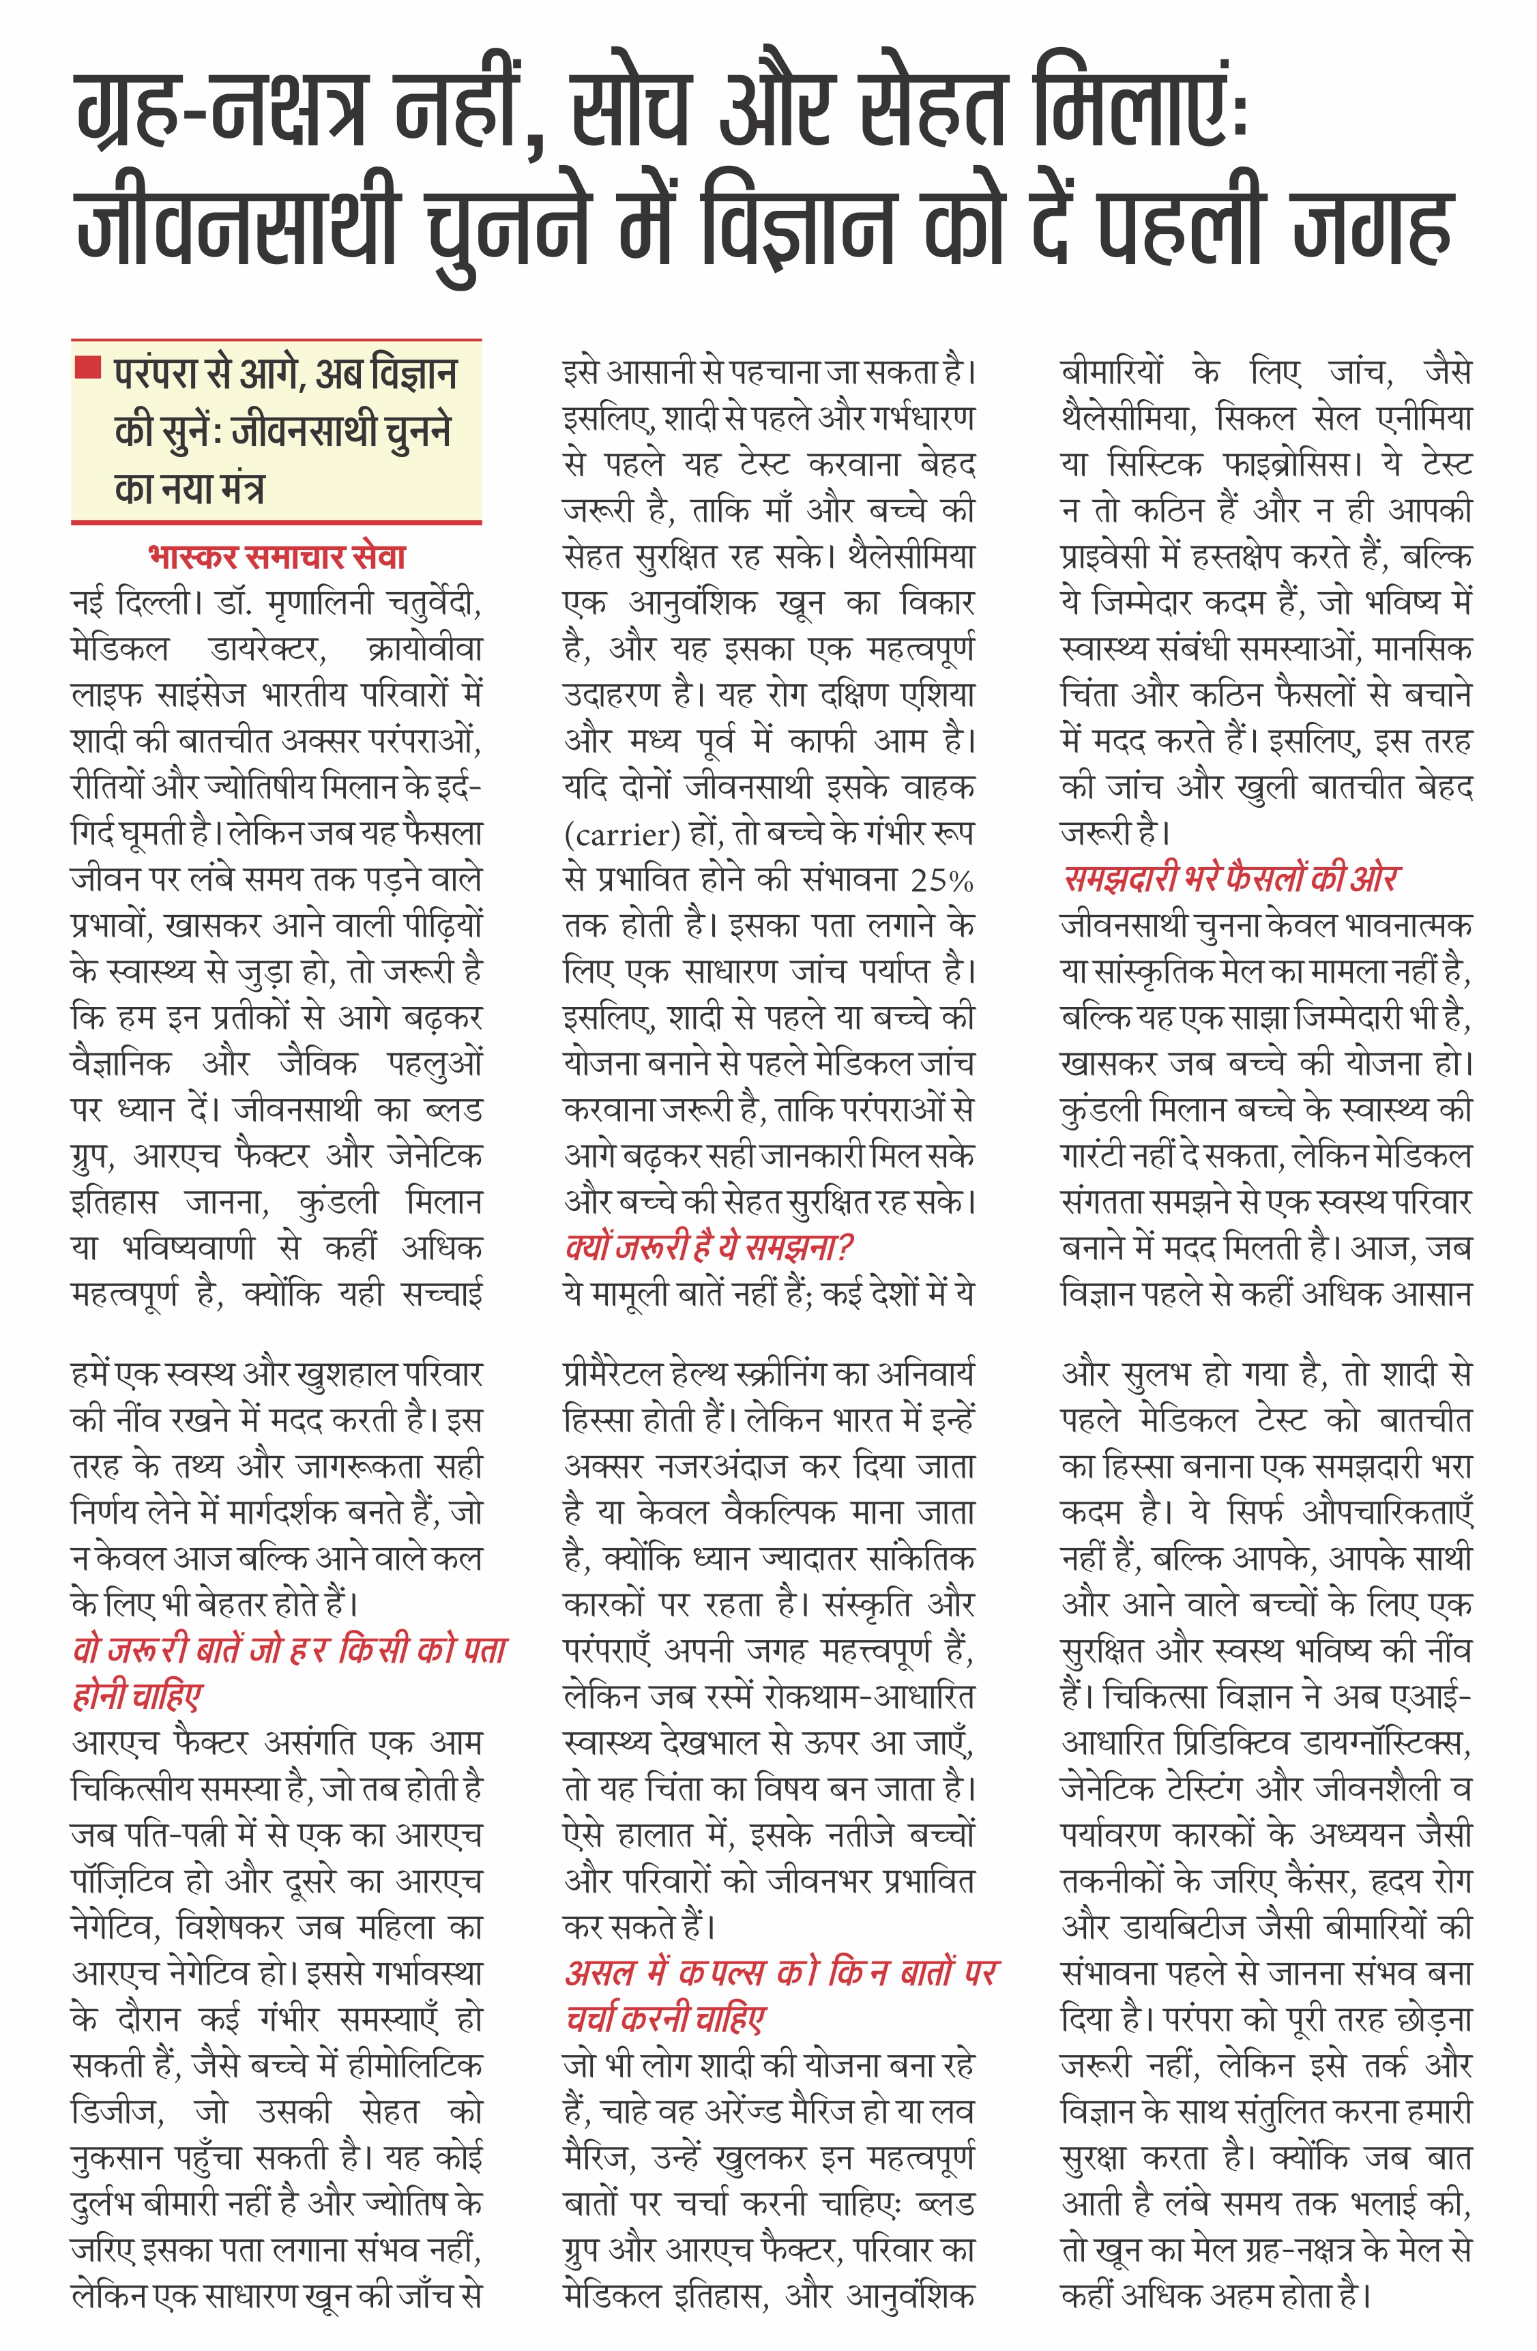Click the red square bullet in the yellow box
pyautogui.click(x=89, y=368)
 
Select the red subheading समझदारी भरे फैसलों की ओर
pyautogui.click(x=1230, y=878)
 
